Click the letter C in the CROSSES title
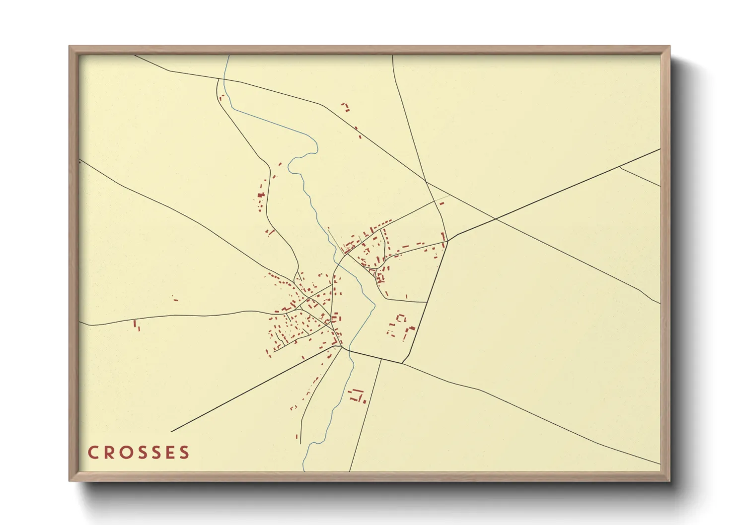(93, 453)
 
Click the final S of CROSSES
(185, 453)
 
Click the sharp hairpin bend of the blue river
(316, 146)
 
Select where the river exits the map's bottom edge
(303, 470)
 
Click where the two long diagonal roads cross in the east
(495, 219)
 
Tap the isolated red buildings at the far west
(136, 325)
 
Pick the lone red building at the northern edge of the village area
(345, 106)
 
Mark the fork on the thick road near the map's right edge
(620, 167)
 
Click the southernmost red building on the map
(297, 437)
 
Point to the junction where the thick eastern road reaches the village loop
(448, 241)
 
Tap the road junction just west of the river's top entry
(219, 79)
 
